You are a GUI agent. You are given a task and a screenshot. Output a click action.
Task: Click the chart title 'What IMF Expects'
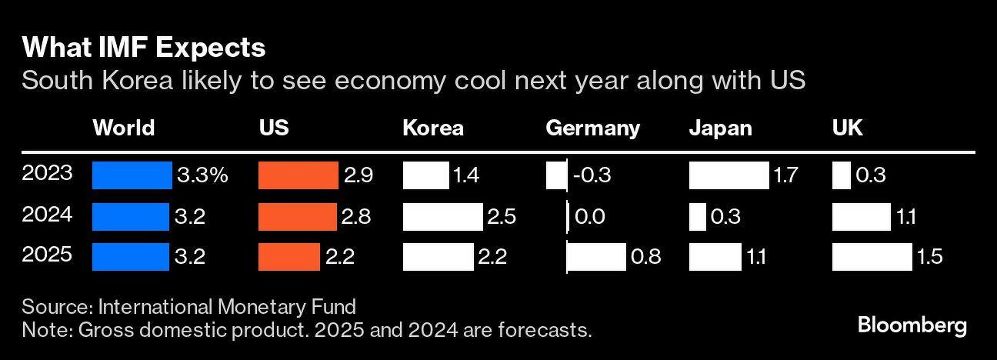(x=144, y=48)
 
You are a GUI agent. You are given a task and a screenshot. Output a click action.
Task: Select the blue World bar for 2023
(x=132, y=175)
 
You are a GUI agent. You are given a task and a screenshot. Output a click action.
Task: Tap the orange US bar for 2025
(x=289, y=257)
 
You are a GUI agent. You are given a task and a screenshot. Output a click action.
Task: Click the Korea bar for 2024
(x=442, y=217)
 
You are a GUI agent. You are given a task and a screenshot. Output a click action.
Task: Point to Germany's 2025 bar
(x=596, y=257)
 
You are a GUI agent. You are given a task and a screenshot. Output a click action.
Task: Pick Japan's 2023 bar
(x=729, y=175)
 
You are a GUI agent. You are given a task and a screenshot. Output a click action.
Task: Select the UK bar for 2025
(x=872, y=257)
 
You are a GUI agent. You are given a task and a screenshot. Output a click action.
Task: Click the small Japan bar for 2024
(x=697, y=217)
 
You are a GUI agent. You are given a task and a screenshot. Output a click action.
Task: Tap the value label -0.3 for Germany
(x=592, y=175)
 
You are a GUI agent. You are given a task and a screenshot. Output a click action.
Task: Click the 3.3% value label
(x=203, y=175)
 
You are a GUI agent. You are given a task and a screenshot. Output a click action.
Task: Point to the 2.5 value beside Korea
(x=502, y=217)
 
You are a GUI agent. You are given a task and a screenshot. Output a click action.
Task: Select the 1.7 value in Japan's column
(x=785, y=175)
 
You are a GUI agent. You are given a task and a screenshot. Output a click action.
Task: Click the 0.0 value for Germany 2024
(x=589, y=217)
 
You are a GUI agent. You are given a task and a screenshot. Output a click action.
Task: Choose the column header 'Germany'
(x=592, y=128)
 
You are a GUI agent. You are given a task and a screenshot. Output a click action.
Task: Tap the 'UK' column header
(x=847, y=128)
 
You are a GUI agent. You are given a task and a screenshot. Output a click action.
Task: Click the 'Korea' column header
(x=433, y=128)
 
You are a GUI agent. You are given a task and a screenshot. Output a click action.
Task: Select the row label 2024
(x=47, y=215)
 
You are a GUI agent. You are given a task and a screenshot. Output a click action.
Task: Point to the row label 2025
(x=47, y=255)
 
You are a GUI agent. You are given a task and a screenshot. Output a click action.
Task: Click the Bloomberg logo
(x=912, y=325)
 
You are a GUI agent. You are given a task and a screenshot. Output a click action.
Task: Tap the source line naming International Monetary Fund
(x=189, y=307)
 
